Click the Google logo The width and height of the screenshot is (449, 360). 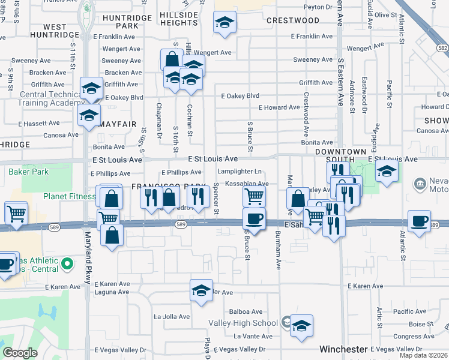pos(20,353)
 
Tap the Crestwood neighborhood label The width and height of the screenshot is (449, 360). pos(293,20)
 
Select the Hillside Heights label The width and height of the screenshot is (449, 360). pos(179,18)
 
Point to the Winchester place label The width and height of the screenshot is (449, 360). pos(343,349)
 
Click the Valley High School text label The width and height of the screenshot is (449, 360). pos(243,323)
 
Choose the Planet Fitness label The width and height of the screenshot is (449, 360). pos(68,196)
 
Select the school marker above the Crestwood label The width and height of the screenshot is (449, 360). pos(224,23)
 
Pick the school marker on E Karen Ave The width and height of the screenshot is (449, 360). pos(201,290)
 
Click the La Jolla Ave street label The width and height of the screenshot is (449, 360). pos(172,317)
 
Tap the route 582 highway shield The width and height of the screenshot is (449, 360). pos(442,47)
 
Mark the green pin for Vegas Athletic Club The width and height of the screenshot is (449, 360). pos(68,262)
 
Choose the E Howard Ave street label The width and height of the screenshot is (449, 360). pos(279,108)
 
